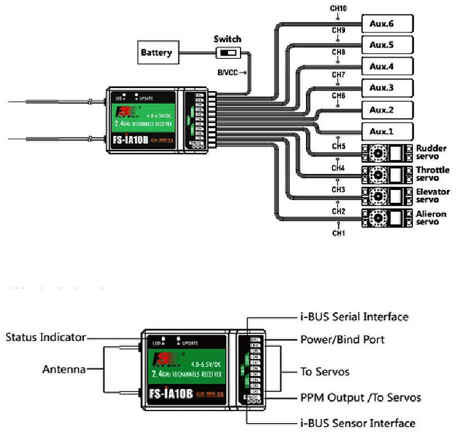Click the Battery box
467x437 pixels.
click(x=158, y=52)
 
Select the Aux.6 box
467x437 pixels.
click(x=387, y=24)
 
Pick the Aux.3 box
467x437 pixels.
click(x=387, y=88)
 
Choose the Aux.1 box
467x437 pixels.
click(x=387, y=131)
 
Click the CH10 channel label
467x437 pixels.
click(x=338, y=8)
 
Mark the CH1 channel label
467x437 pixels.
click(x=338, y=233)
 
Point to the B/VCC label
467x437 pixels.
click(x=228, y=72)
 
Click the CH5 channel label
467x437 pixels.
click(x=338, y=147)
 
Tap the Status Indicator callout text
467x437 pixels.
click(x=46, y=338)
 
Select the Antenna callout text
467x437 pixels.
click(x=64, y=369)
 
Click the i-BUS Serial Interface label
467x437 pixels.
click(x=354, y=317)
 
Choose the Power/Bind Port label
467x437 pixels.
click(x=342, y=340)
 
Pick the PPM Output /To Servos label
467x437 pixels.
click(x=360, y=398)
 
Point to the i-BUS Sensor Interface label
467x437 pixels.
click(x=358, y=423)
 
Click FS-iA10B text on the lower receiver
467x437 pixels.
click(x=171, y=394)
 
